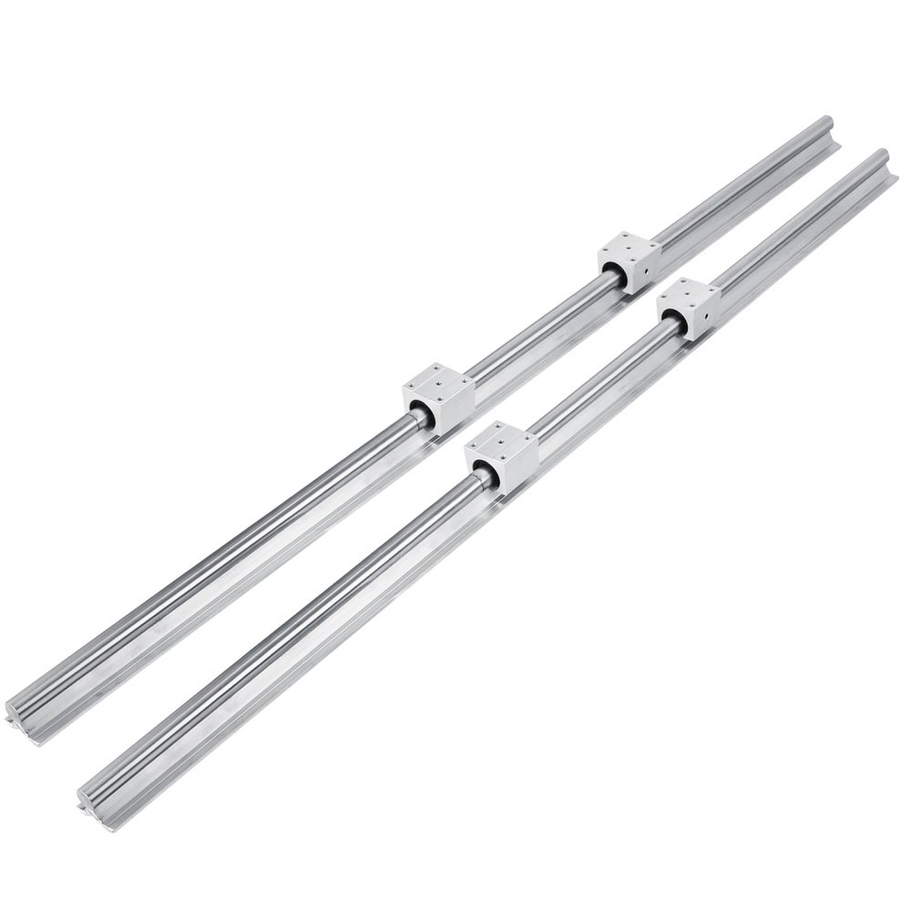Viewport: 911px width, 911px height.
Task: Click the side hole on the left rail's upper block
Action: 646,269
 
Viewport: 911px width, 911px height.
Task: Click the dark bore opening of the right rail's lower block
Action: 481,471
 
